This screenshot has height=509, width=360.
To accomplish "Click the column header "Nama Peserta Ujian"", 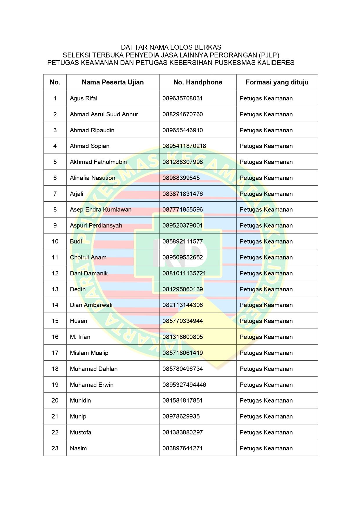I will coord(113,82).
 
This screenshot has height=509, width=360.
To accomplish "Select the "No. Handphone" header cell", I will coord(198,82).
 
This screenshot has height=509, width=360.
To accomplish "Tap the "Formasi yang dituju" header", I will coord(277,82).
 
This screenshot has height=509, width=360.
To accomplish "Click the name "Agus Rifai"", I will coord(84,98).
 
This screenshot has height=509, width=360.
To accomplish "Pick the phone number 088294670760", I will coord(182,114).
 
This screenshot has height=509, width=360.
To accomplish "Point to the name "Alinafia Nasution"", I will coord(92,178).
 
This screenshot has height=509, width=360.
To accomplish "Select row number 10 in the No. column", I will coord(55,241).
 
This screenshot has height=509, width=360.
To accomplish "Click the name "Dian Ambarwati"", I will coord(91,305).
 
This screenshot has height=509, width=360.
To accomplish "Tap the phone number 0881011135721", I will coord(184,273).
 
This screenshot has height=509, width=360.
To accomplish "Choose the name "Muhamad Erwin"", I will coord(91,385).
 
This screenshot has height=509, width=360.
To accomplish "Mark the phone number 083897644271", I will coord(182,448).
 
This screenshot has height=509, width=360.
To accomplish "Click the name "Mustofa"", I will coord(80,432).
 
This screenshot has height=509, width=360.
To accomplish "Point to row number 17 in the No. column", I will coord(55,353).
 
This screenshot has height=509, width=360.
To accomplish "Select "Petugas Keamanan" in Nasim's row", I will coord(266,448).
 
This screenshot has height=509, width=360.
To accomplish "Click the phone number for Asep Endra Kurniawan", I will coord(182,210).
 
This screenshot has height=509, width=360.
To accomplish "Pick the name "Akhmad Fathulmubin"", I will coord(98,162).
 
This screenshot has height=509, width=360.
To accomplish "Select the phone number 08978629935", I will coord(181,416).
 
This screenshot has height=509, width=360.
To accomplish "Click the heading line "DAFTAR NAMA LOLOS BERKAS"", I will coord(171,47).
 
